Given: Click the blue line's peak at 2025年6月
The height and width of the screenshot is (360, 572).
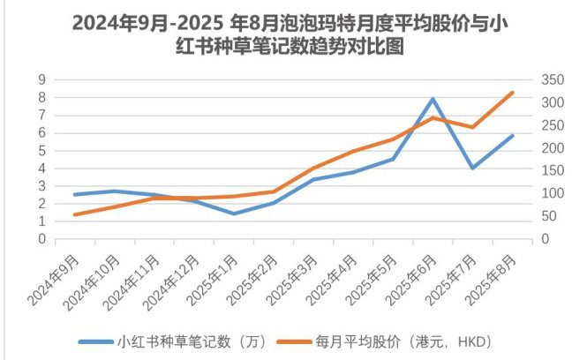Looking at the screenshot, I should [433, 99].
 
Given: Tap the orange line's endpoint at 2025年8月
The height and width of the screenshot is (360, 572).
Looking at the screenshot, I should [512, 93].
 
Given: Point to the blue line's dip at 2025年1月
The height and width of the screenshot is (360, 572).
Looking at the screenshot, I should [234, 214].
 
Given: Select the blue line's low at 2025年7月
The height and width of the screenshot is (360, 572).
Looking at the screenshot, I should [472, 168].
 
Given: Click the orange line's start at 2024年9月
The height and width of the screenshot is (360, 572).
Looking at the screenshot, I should [75, 214].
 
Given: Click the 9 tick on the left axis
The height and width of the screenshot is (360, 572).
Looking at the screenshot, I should [41, 79].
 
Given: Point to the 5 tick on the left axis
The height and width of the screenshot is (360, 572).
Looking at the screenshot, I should [41, 150].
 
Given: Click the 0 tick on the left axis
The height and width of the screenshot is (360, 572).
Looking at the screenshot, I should [41, 239].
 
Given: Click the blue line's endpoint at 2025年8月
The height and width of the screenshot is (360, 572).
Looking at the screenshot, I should [512, 136].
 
